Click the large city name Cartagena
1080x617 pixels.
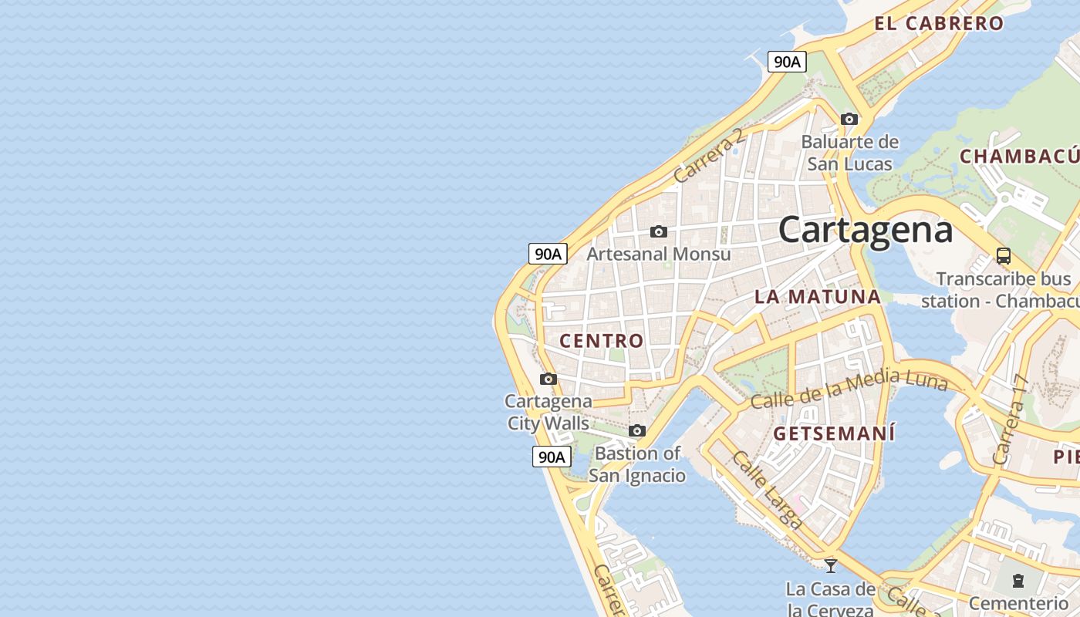point(866,230)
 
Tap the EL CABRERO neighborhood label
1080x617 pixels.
point(939,23)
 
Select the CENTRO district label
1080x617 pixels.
point(602,340)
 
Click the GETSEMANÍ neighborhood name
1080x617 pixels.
point(835,433)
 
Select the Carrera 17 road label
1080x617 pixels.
point(1011,420)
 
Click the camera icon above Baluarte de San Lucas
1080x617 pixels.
point(849,119)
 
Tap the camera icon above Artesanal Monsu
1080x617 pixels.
point(659,231)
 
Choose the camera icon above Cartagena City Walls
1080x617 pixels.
point(548,379)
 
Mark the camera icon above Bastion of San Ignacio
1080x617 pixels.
point(637,430)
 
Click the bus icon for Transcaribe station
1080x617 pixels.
point(1004,256)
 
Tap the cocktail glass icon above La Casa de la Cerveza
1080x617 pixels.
point(831,565)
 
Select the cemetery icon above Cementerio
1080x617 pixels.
point(1018,581)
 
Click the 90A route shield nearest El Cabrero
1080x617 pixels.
point(787,62)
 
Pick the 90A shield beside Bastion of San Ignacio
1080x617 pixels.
point(552,457)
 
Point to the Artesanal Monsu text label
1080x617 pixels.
point(659,253)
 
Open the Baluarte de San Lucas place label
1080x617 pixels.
point(850,153)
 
